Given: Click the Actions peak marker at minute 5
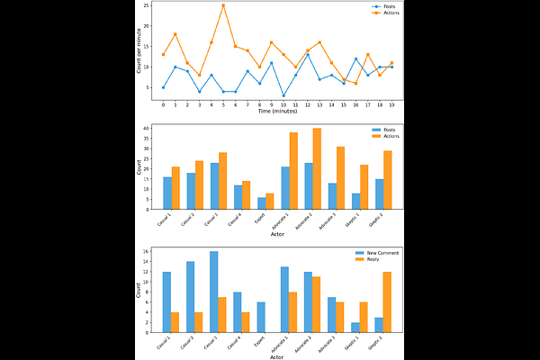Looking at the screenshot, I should pyautogui.click(x=223, y=5).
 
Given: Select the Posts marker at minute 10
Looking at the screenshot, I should pyautogui.click(x=283, y=95).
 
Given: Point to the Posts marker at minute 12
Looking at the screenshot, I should pyautogui.click(x=308, y=55).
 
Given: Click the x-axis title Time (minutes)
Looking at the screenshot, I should pyautogui.click(x=277, y=111).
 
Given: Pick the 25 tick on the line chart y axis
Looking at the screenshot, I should pyautogui.click(x=147, y=5).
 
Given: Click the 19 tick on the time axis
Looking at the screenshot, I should pyautogui.click(x=391, y=103).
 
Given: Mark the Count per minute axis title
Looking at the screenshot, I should pyautogui.click(x=139, y=52).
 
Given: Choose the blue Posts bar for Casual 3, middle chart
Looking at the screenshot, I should pyautogui.click(x=215, y=185).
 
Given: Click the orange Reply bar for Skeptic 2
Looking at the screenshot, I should pyautogui.click(x=387, y=302).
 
